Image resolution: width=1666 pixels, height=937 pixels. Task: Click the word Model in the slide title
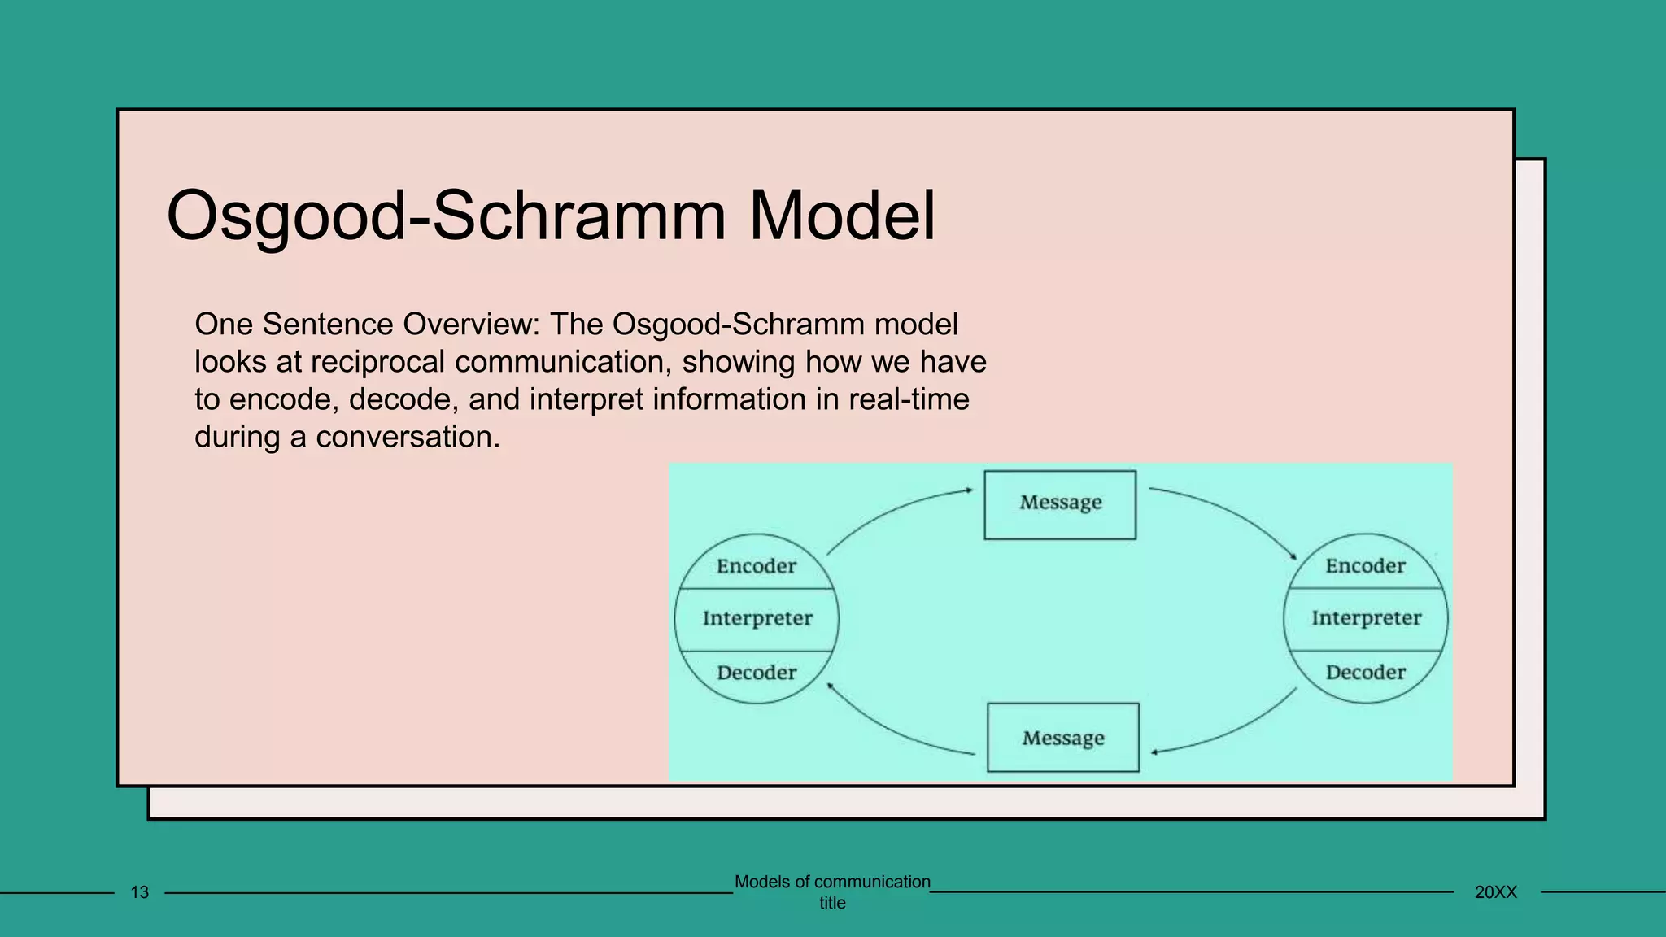pyautogui.click(x=842, y=216)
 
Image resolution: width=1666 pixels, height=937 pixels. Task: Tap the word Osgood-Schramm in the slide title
pyautogui.click(x=445, y=216)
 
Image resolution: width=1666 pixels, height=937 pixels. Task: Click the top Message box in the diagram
pyautogui.click(x=1060, y=504)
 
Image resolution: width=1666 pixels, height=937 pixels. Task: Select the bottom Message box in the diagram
pyautogui.click(x=1062, y=738)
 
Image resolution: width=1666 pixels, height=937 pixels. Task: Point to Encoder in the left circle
pyautogui.click(x=757, y=566)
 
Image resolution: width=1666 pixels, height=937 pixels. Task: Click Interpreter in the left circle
pyautogui.click(x=757, y=618)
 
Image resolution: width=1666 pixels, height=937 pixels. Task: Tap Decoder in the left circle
pyautogui.click(x=757, y=673)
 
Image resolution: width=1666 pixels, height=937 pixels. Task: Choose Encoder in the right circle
pyautogui.click(x=1365, y=566)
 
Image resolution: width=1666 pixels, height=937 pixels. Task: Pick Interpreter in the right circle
pyautogui.click(x=1366, y=618)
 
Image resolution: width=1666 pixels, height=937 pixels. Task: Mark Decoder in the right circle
pyautogui.click(x=1365, y=673)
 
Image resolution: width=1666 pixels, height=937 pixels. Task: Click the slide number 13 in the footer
pyautogui.click(x=140, y=892)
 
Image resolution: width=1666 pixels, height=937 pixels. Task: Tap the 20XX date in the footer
pyautogui.click(x=1496, y=892)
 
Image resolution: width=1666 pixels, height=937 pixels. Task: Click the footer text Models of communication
pyautogui.click(x=832, y=882)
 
